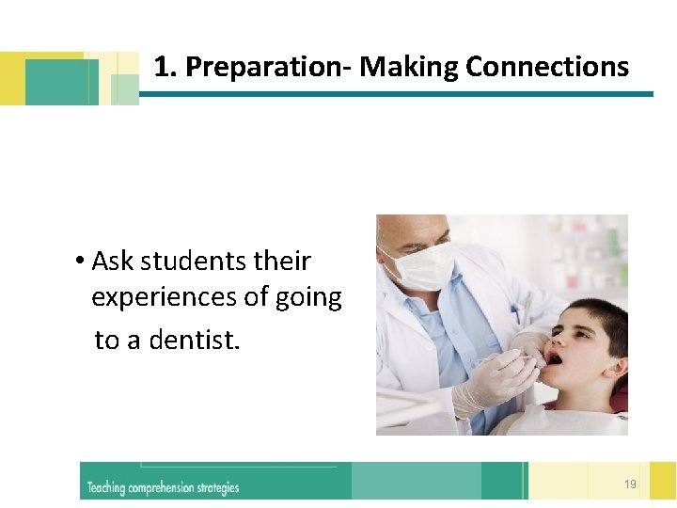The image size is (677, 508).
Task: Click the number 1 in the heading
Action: click(162, 67)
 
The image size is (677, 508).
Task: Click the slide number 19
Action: click(629, 484)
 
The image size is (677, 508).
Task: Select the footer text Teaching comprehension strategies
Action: click(163, 487)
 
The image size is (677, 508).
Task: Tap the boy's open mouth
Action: click(554, 358)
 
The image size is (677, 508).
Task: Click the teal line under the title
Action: click(395, 94)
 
